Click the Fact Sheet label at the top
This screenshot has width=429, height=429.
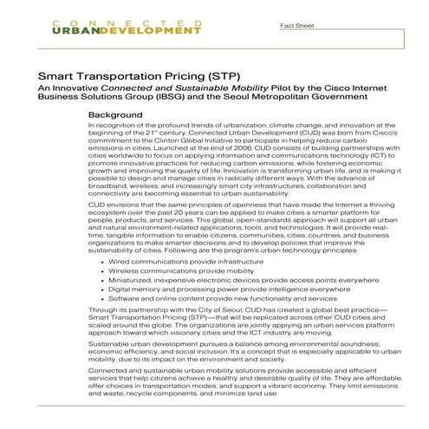(x=296, y=27)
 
